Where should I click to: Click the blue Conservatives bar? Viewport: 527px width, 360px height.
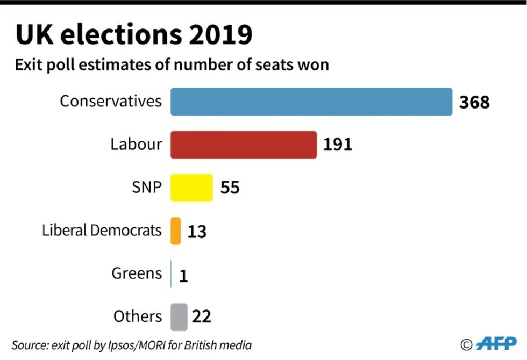tap(311, 102)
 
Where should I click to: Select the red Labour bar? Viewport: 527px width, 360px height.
tap(244, 145)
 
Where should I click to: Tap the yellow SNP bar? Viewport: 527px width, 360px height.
tap(191, 188)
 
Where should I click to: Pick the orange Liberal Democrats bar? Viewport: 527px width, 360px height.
tap(175, 231)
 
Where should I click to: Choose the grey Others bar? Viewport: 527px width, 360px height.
tap(179, 316)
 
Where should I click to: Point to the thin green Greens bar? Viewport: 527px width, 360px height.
tap(171, 273)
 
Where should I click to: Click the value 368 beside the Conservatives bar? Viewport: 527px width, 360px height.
tap(474, 102)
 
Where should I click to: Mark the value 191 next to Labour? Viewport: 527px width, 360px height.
tap(338, 145)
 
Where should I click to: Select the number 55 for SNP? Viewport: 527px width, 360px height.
tap(230, 188)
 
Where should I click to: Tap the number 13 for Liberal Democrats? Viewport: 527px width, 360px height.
tap(197, 231)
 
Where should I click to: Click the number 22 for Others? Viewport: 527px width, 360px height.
tap(202, 316)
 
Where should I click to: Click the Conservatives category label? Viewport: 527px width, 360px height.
tap(110, 101)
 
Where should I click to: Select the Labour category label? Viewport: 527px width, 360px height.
tap(136, 144)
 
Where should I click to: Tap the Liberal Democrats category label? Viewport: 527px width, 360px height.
tap(102, 230)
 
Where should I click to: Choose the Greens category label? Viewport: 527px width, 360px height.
tap(137, 273)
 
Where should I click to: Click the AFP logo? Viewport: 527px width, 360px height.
tap(496, 344)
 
